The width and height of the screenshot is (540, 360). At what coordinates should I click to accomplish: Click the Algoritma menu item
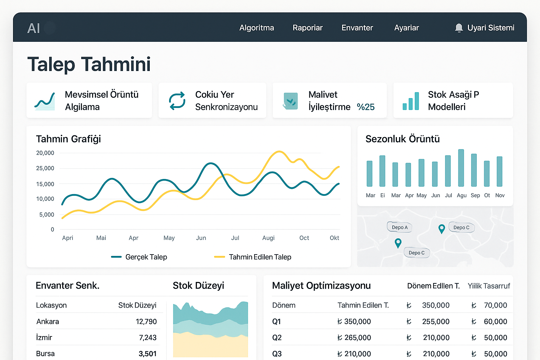click(256, 28)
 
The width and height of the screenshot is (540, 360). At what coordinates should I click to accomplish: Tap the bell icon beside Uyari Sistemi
click(458, 28)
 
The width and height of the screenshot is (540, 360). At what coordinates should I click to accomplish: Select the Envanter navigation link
click(357, 28)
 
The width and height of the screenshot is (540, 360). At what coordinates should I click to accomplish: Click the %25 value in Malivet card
click(365, 107)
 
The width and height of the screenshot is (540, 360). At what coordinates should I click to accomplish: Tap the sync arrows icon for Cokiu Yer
click(177, 101)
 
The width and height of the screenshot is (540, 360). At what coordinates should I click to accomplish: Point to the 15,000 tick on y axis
click(45, 184)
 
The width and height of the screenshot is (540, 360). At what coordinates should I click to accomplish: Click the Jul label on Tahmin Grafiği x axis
click(235, 238)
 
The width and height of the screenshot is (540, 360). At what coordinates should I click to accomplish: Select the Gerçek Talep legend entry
click(139, 257)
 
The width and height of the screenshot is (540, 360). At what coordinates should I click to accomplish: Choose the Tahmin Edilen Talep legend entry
click(253, 257)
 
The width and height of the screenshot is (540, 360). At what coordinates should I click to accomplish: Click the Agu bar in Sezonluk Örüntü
click(461, 168)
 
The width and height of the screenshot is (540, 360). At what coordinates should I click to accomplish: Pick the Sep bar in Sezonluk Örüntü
click(474, 170)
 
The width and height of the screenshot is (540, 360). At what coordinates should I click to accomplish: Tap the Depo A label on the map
click(399, 227)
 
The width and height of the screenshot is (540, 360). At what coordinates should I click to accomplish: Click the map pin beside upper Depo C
click(442, 229)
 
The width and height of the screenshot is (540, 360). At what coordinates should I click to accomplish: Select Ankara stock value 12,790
click(146, 321)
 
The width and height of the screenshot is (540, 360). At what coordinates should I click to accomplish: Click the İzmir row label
click(44, 337)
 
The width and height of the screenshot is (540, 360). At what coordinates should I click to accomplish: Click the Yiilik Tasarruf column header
click(488, 286)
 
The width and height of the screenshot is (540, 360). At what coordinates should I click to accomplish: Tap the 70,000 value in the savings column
click(495, 305)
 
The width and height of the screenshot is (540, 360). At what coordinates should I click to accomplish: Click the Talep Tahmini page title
click(89, 64)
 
